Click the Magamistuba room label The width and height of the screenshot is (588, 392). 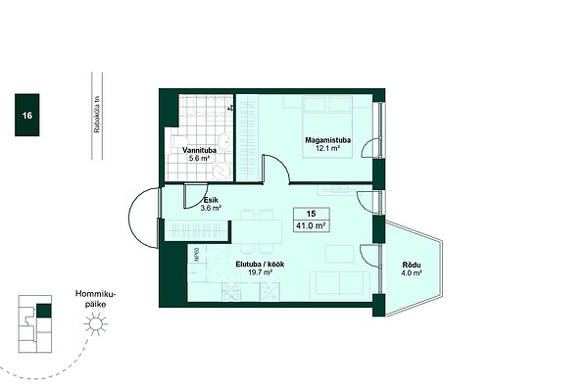pyautogui.click(x=327, y=140)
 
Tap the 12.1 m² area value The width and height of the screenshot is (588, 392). pyautogui.click(x=327, y=148)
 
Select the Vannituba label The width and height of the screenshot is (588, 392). pyautogui.click(x=199, y=150)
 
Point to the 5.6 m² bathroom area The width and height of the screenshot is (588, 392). pyautogui.click(x=199, y=158)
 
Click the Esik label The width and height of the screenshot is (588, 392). pyautogui.click(x=211, y=200)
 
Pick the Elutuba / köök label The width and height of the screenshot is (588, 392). pyautogui.click(x=260, y=264)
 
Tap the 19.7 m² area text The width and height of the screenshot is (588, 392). pyautogui.click(x=260, y=272)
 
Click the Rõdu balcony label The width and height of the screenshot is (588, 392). pyautogui.click(x=412, y=265)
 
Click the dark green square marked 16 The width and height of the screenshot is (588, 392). pyautogui.click(x=27, y=115)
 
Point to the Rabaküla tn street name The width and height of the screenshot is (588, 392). pyautogui.click(x=97, y=115)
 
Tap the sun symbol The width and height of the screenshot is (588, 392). pyautogui.click(x=96, y=324)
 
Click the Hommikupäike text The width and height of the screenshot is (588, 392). pyautogui.click(x=96, y=299)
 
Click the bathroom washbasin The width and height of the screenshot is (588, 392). pyautogui.click(x=225, y=141)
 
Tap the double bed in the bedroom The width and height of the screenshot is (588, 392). pyautogui.click(x=327, y=126)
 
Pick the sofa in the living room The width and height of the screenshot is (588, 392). pyautogui.click(x=339, y=283)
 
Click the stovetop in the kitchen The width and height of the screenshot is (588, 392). pyautogui.click(x=231, y=292)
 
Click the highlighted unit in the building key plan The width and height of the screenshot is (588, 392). pyautogui.click(x=44, y=311)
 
